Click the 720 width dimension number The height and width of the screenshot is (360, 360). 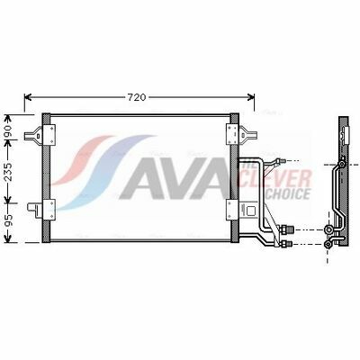[137, 97]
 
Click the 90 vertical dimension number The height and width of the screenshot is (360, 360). [8, 130]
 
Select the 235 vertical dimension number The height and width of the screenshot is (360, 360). [8, 172]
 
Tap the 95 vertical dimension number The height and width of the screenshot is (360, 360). [8, 220]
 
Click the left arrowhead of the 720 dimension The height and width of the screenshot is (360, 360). [28, 97]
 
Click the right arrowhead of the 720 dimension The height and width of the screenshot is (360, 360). [250, 97]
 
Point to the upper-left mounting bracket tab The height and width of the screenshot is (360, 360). [34, 136]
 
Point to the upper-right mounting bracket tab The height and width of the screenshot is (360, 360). [247, 135]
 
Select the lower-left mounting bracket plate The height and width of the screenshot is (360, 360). [49, 209]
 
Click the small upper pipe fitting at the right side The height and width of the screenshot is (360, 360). [280, 161]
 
